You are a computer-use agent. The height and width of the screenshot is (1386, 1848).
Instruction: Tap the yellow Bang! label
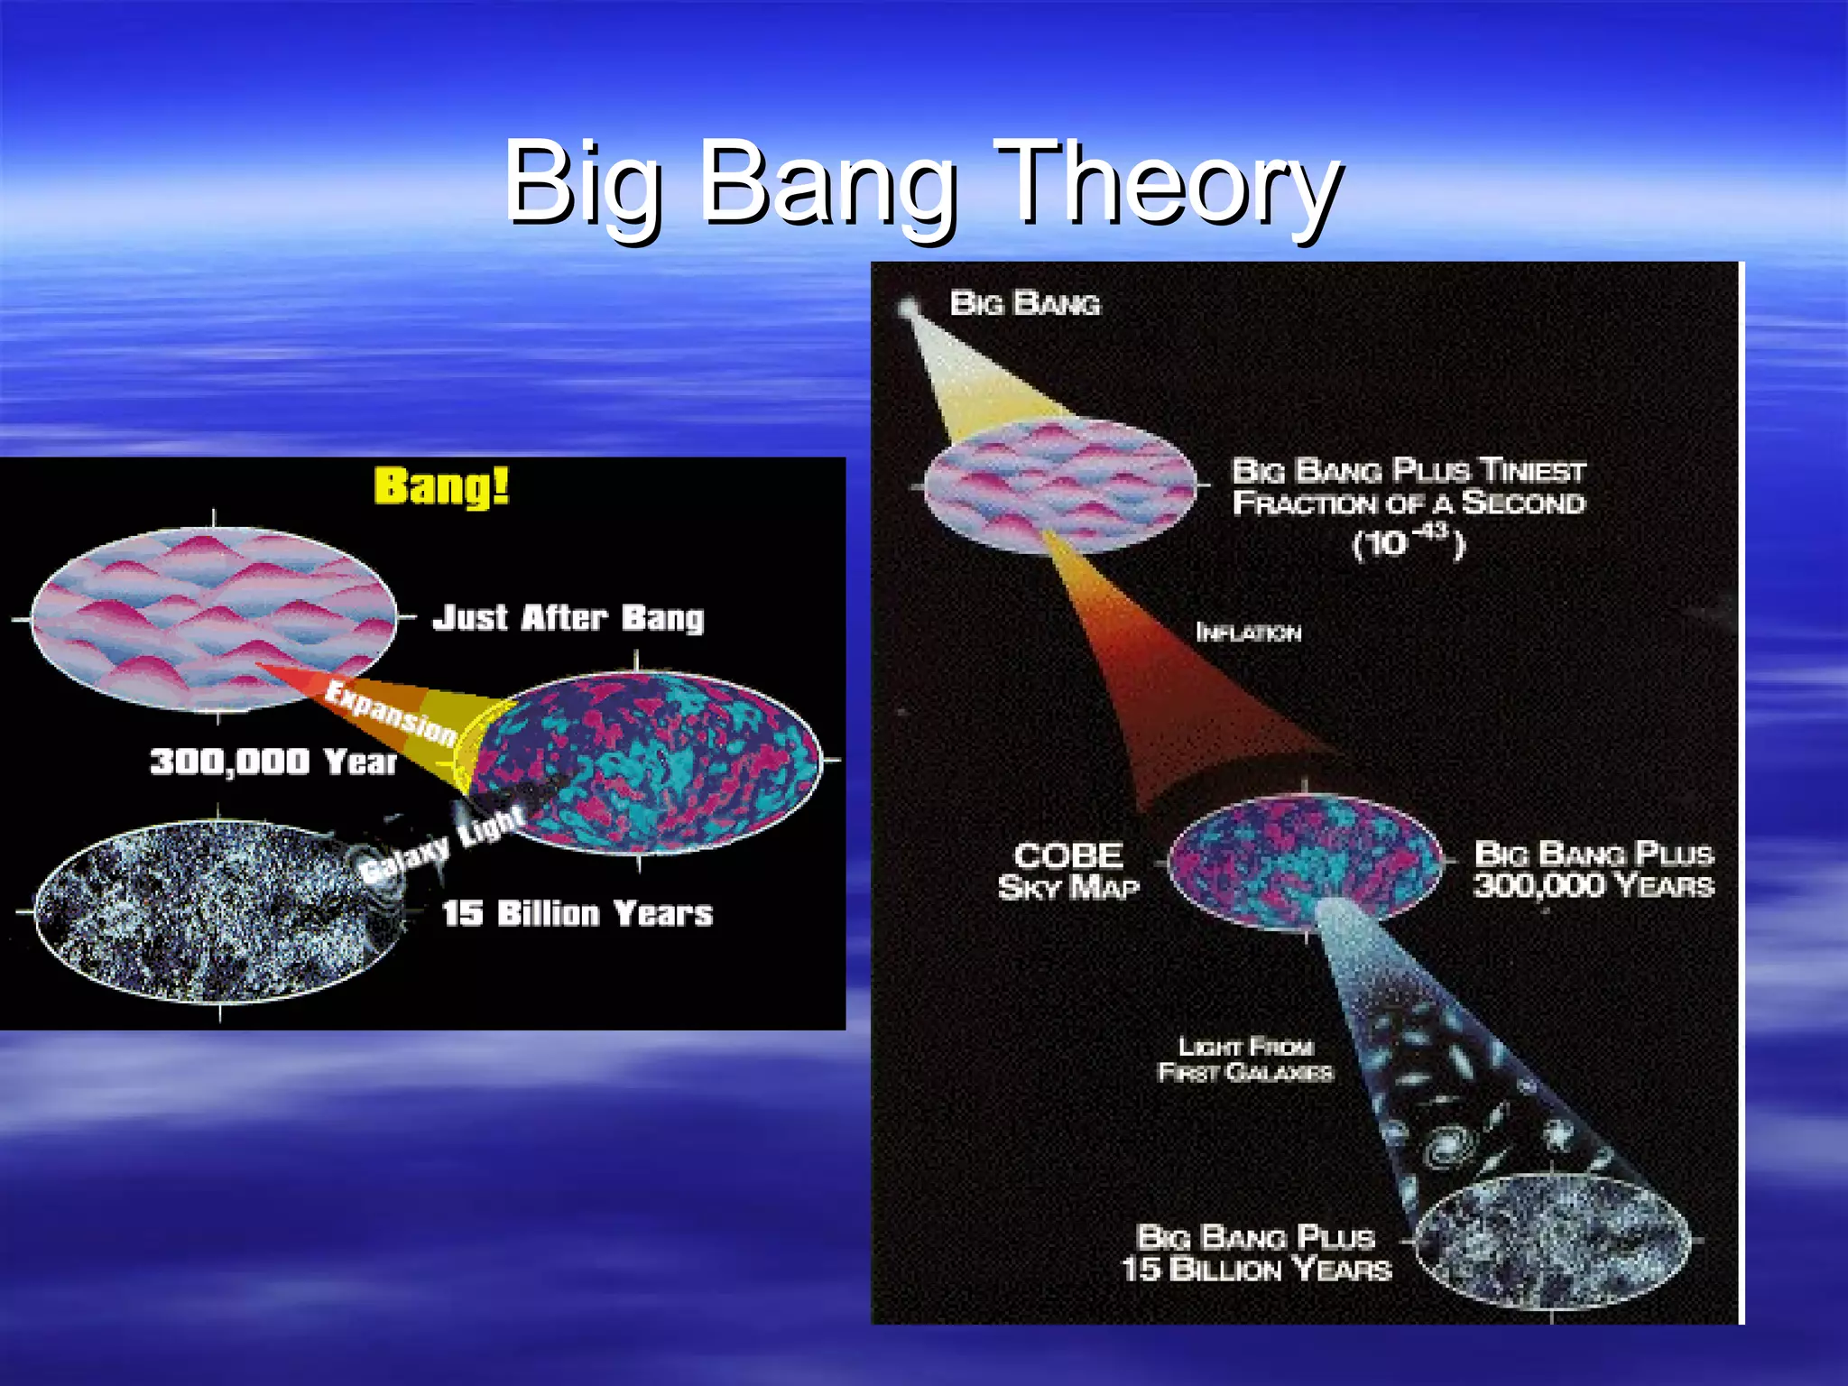coord(441,486)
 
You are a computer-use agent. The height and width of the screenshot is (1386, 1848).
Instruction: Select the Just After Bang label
coord(568,618)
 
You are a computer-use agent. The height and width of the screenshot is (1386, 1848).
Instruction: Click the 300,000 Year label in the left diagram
coord(273,762)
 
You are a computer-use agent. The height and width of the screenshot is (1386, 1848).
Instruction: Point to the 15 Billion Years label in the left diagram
coord(577,913)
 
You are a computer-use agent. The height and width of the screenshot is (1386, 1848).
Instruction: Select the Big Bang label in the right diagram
coord(1025,304)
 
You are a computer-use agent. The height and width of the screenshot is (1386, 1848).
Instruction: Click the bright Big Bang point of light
coord(908,310)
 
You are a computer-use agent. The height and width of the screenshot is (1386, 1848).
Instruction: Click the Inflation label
coord(1248,633)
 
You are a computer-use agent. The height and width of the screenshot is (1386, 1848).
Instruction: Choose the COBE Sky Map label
coord(1068,871)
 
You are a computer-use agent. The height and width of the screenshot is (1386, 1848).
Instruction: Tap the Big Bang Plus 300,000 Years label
coord(1594,869)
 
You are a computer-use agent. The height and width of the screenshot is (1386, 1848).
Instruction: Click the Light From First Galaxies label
coord(1245,1059)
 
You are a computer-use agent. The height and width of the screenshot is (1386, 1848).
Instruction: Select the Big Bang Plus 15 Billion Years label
coord(1256,1253)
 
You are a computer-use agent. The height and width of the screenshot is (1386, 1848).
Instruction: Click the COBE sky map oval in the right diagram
coord(1305,863)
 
